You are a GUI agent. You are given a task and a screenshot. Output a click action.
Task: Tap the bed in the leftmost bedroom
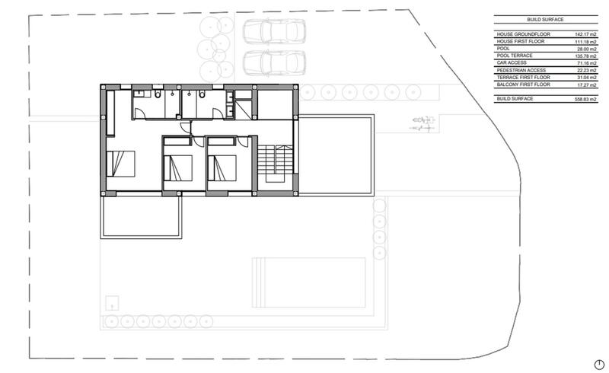121,163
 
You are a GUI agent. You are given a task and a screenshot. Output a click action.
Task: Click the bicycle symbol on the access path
421,121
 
